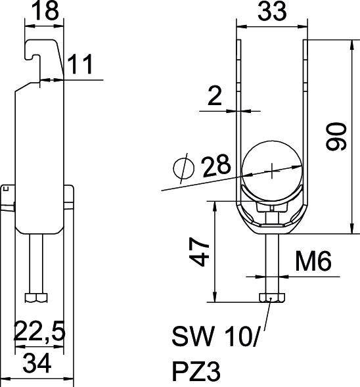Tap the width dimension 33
click(271, 12)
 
